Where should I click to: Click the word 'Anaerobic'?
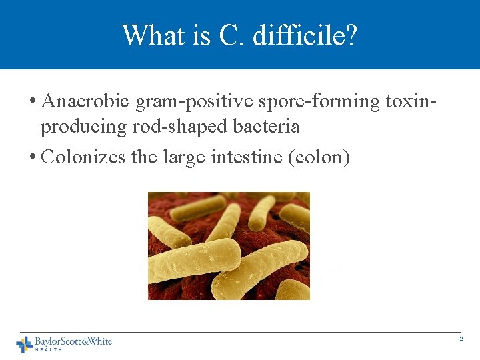[x=86, y=101]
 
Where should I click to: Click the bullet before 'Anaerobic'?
[x=33, y=102]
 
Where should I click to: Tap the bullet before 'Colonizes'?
[x=33, y=158]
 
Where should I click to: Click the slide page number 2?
[x=461, y=339]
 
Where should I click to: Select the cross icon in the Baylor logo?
[x=25, y=344]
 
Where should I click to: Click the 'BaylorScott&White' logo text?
[x=73, y=341]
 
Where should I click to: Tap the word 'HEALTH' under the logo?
[x=48, y=350]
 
